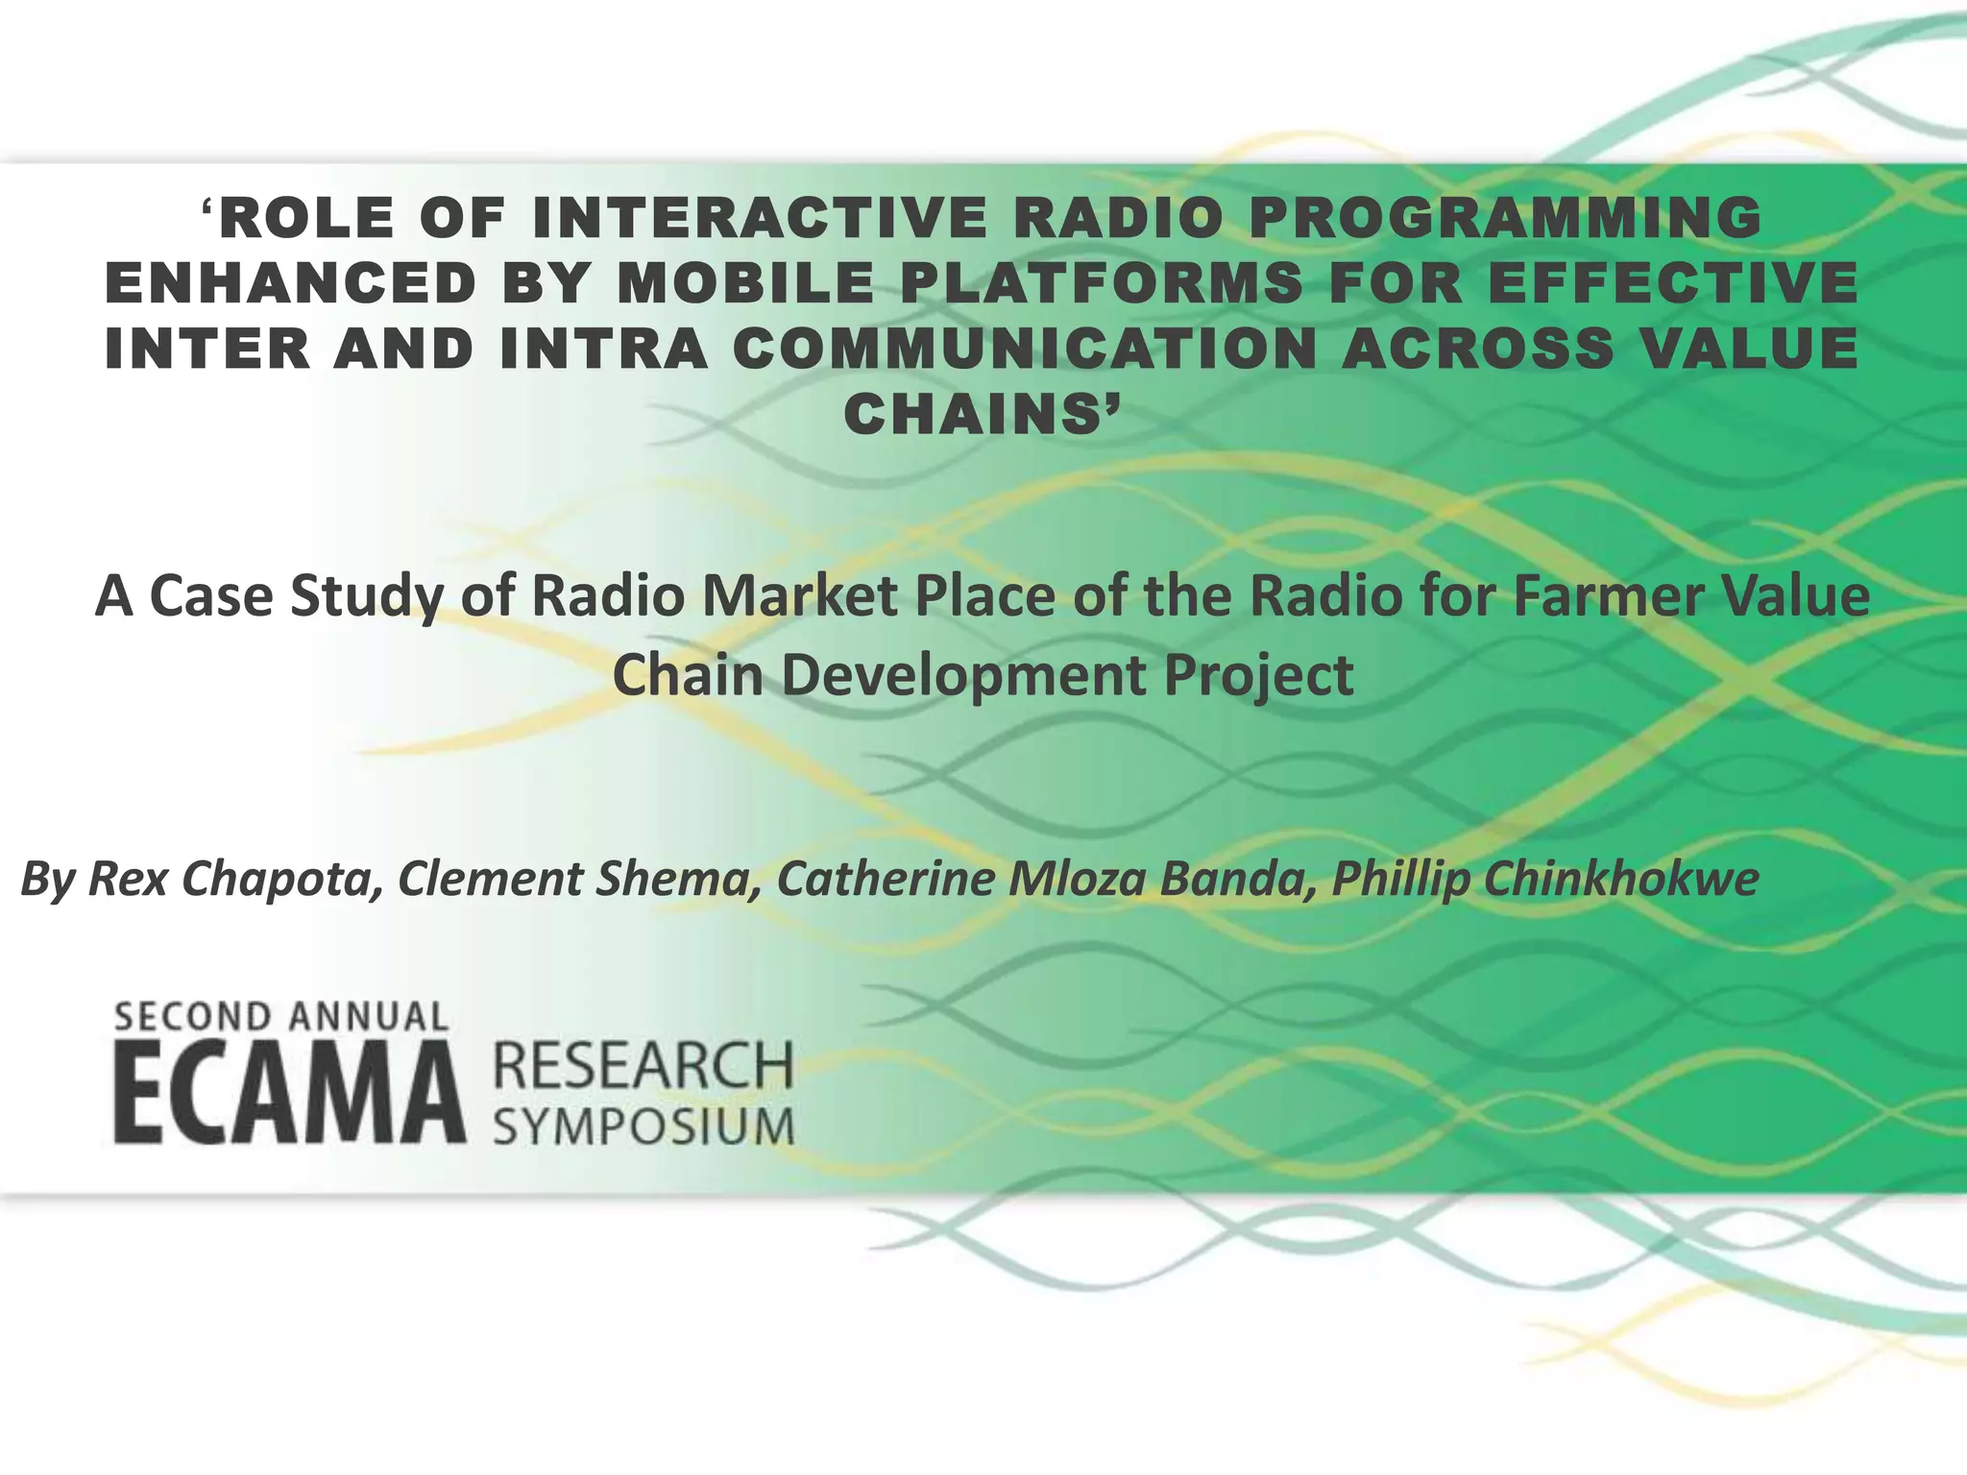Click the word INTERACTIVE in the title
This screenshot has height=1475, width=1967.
pyautogui.click(x=759, y=217)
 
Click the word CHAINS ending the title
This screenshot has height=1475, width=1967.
pyautogui.click(x=980, y=415)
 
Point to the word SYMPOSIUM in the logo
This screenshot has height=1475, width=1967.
pyautogui.click(x=644, y=1125)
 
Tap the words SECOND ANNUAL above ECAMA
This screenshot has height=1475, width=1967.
pyautogui.click(x=281, y=1017)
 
